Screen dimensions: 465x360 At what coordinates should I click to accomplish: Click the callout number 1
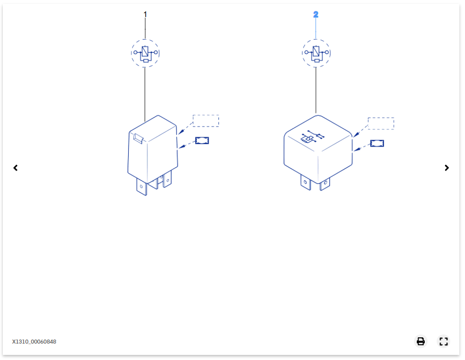145,14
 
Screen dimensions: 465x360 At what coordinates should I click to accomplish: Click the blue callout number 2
316,14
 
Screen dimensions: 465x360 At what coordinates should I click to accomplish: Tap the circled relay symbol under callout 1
145,53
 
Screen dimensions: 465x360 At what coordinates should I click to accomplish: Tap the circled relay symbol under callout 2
316,53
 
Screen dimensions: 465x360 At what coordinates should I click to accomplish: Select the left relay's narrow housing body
153,149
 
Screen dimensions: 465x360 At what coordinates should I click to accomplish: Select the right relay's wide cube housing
318,149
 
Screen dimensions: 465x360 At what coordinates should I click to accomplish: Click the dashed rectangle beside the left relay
206,121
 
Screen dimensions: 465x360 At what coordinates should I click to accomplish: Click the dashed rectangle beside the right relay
381,124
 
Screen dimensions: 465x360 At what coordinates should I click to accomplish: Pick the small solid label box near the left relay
202,141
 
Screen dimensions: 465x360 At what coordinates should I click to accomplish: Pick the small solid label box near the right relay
377,143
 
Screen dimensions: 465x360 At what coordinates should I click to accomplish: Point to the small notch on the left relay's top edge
138,138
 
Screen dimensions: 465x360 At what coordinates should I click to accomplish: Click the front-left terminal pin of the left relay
142,187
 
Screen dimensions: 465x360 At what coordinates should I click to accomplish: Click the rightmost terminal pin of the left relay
167,179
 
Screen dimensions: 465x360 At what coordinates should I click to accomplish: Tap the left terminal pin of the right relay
306,182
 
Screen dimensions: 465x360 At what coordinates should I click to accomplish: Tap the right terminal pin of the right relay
325,184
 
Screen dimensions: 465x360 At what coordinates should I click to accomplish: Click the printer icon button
421,341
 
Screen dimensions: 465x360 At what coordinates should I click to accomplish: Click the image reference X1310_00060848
34,342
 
